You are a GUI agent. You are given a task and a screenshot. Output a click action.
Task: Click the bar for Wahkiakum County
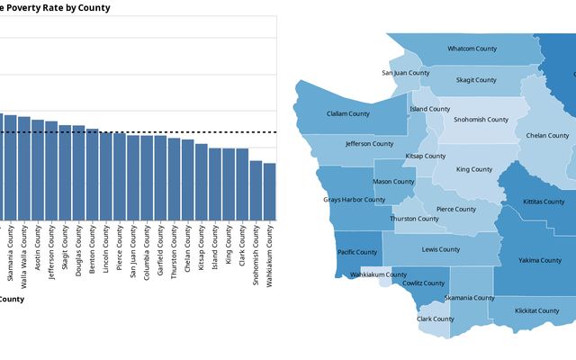[269, 191]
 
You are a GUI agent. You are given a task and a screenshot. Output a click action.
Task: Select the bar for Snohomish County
[256, 190]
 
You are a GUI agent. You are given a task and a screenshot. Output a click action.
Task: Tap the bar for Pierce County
[120, 176]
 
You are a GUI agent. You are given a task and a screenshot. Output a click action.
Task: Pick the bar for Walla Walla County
[24, 168]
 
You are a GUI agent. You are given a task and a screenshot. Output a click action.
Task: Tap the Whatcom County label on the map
[472, 49]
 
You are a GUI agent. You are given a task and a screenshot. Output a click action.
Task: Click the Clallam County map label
[347, 113]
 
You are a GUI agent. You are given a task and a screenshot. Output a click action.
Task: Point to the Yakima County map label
[539, 261]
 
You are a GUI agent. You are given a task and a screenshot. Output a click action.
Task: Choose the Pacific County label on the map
[356, 252]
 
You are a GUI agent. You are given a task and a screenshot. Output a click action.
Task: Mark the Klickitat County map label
[536, 310]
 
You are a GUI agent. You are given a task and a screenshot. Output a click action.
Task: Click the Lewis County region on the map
[441, 256]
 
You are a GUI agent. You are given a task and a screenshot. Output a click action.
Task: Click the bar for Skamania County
[11, 167]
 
